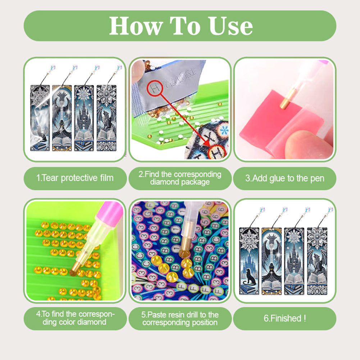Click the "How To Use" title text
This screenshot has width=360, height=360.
click(x=181, y=26)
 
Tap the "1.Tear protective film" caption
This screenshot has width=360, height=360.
click(x=75, y=178)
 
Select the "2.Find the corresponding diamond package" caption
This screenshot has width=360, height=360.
click(x=180, y=178)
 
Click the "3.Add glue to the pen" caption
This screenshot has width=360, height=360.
click(x=284, y=178)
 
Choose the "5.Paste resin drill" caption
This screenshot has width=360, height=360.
click(x=180, y=318)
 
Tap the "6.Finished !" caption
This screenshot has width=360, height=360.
click(x=284, y=318)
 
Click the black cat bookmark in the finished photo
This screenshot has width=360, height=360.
click(x=249, y=261)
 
